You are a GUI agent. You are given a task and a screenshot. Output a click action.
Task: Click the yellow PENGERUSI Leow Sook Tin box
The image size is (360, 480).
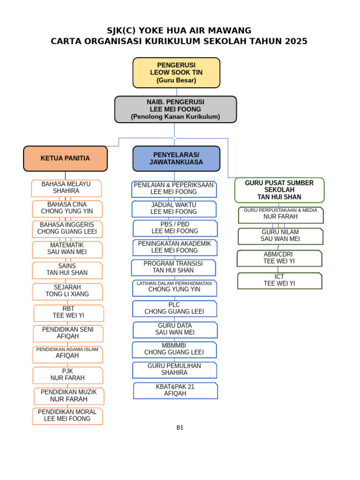tap(176, 73)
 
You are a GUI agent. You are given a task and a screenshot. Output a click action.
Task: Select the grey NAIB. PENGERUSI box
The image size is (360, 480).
tap(175, 109)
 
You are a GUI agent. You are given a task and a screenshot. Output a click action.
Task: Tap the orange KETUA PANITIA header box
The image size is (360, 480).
tap(65, 158)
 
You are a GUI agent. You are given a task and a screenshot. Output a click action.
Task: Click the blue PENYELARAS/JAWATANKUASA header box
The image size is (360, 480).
tap(176, 158)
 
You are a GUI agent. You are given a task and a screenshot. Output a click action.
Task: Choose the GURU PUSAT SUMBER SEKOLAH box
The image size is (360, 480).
tap(279, 190)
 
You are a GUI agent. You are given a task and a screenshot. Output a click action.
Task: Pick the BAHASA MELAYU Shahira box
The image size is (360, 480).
tap(66, 188)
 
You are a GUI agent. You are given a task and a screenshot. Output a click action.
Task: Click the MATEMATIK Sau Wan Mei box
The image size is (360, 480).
tap(67, 249)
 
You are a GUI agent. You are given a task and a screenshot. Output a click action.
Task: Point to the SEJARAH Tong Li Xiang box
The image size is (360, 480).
tap(67, 291)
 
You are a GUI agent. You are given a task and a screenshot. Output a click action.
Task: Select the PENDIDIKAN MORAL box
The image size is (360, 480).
tap(67, 416)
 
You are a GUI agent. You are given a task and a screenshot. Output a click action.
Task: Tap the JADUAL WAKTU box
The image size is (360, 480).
tap(174, 209)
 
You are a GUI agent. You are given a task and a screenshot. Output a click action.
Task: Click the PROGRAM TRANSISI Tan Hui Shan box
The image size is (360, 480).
tap(173, 267)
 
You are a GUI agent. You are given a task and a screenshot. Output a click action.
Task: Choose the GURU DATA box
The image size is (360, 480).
tap(175, 329)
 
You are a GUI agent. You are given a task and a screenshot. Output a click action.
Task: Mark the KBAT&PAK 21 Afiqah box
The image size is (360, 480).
tap(175, 390)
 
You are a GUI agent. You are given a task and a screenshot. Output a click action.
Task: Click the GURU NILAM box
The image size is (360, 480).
tap(280, 236)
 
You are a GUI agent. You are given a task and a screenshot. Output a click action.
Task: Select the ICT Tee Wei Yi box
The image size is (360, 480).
tap(279, 280)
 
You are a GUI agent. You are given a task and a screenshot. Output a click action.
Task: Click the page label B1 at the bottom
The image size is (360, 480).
tap(180, 427)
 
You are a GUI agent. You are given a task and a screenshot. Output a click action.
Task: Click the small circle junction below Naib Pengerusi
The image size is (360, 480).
tap(174, 138)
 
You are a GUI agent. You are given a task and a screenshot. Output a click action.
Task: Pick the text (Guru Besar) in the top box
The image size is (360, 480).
tap(176, 81)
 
